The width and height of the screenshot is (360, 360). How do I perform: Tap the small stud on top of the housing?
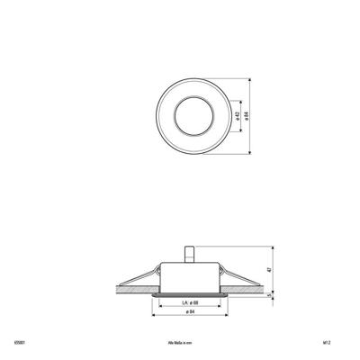190,255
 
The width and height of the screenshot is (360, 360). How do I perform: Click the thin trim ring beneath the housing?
190,293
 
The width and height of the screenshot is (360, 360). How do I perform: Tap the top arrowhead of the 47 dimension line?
275,246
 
